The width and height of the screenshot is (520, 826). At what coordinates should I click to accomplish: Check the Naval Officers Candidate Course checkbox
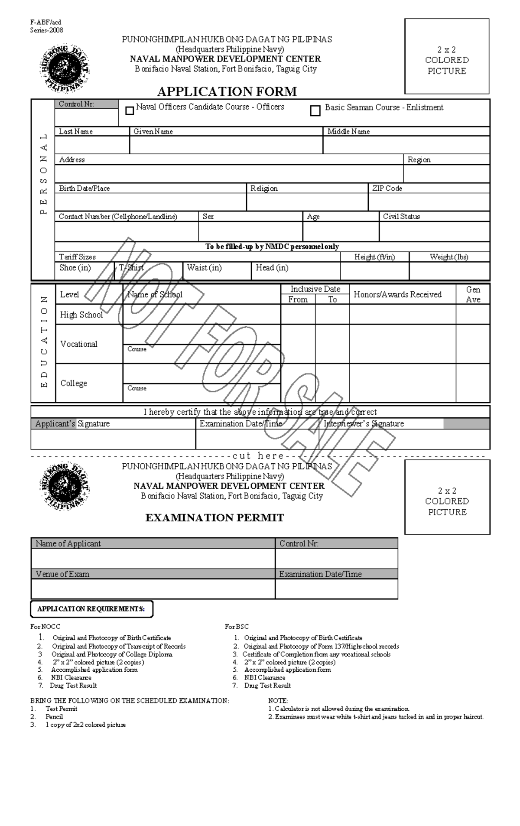coord(129,111)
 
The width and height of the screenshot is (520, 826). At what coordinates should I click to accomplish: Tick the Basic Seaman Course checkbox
coord(315,111)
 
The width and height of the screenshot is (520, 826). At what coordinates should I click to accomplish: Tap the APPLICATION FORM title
coord(227,91)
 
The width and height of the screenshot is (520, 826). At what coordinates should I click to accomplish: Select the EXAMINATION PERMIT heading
coord(214,517)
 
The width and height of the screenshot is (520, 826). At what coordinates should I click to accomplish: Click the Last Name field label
coord(76,131)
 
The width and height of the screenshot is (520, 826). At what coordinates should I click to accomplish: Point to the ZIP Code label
coord(387,188)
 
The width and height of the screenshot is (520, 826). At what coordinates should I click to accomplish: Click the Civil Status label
coord(401,216)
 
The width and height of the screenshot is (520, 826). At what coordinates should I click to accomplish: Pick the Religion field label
coord(264,188)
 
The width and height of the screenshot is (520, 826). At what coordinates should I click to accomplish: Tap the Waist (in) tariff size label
coord(204,267)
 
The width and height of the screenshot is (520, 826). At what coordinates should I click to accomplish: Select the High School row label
coord(81,315)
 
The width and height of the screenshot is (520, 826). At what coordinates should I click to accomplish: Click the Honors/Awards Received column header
coord(397,294)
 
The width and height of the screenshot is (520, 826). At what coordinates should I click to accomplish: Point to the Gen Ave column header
coord(473,294)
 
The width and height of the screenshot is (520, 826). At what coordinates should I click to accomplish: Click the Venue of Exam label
coord(62,574)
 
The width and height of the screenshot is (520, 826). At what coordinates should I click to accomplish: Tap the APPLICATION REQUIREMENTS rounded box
coord(91,608)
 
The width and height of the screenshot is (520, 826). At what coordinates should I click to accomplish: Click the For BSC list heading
coord(237,627)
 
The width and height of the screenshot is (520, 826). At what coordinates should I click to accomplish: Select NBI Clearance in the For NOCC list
coord(71,677)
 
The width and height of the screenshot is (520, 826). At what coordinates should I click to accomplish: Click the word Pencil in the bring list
coord(54,716)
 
